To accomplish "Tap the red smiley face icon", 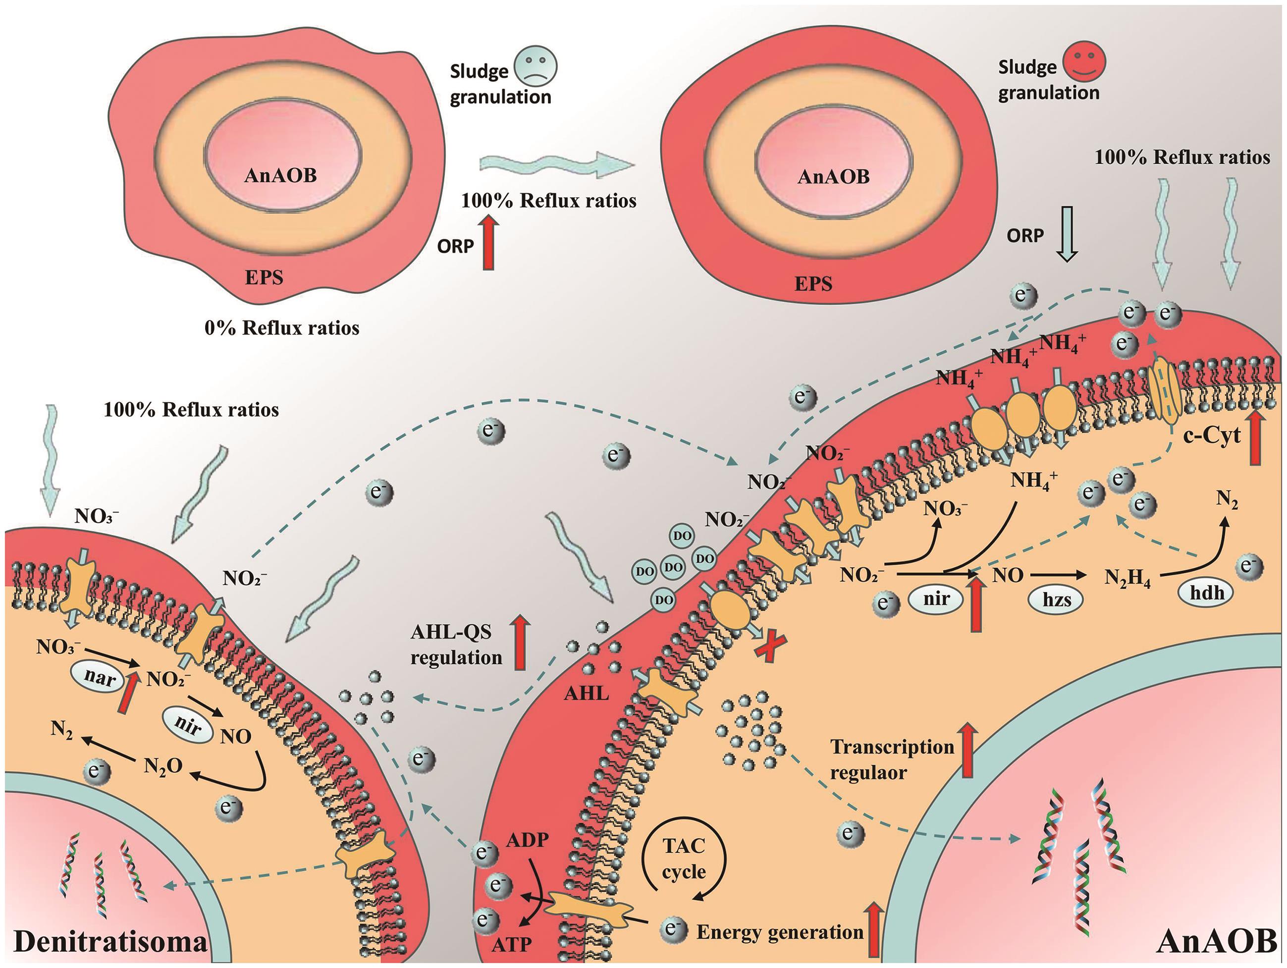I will (1083, 63).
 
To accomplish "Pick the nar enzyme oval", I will (100, 678).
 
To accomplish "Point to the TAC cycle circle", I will (684, 861).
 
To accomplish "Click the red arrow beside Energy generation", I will (874, 928).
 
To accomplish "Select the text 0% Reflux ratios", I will (281, 328).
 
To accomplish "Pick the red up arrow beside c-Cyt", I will (1256, 437).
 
